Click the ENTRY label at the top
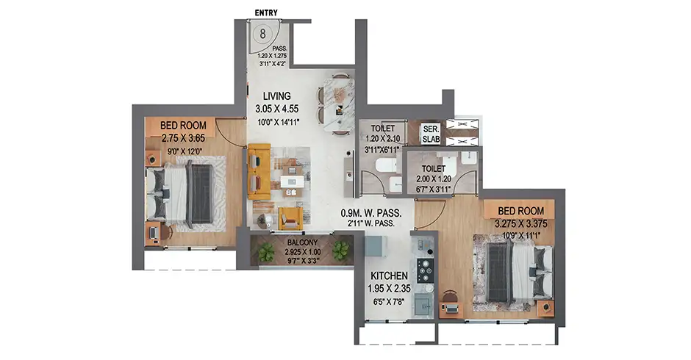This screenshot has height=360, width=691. [266, 12]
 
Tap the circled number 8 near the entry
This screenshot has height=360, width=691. [263, 34]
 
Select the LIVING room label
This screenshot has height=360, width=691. [276, 96]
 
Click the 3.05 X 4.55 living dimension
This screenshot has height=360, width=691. [276, 109]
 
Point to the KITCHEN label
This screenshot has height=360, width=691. [389, 276]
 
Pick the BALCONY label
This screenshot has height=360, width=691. [302, 242]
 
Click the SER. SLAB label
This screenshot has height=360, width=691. [431, 134]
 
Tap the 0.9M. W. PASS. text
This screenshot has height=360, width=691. [371, 213]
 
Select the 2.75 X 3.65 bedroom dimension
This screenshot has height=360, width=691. [183, 138]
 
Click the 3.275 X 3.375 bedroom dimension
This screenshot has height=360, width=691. [521, 224]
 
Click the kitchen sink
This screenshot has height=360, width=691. [423, 305]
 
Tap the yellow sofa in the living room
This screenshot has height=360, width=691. [259, 171]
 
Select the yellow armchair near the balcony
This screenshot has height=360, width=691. [291, 218]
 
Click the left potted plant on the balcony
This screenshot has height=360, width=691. [266, 253]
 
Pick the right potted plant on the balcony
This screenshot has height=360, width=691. [340, 251]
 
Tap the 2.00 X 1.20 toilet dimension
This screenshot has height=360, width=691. [434, 179]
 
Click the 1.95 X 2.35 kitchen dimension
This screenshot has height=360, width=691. [389, 289]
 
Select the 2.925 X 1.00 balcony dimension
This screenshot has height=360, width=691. [302, 252]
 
